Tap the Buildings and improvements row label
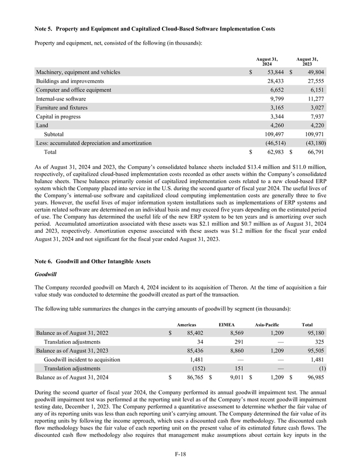[x=70, y=81]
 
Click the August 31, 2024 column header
[x=267, y=61]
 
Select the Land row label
[x=43, y=126]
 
